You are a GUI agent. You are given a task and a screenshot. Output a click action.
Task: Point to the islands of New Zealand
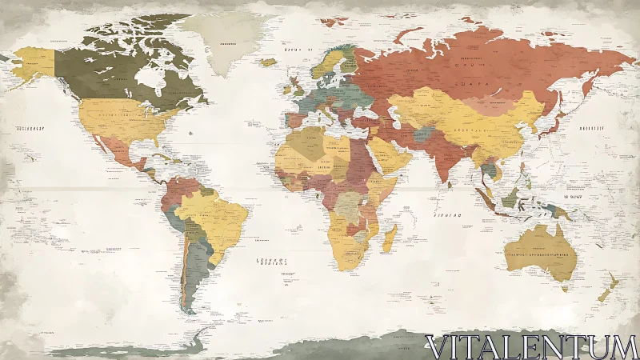tap(608, 284)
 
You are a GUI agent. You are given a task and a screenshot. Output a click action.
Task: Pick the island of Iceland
tap(270, 62)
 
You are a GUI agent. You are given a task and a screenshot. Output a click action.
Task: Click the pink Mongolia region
tap(488, 104)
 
